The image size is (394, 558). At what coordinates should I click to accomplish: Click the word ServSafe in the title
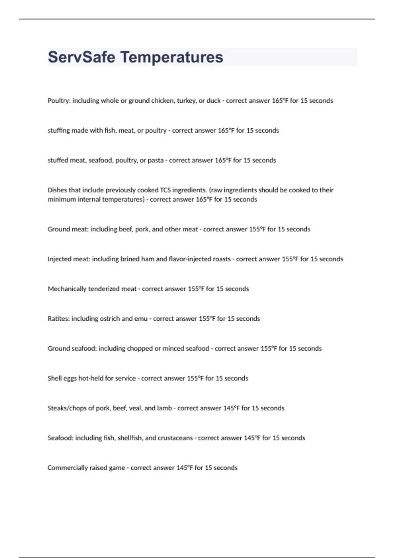coord(81,57)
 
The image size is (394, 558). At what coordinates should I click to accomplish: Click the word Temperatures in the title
coord(172,57)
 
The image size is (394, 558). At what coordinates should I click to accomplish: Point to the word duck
coord(213,101)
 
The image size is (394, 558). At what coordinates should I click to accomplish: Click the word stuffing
coord(59,131)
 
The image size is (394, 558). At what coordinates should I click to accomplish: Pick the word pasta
coord(156,161)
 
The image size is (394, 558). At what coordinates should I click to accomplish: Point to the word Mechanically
coord(66,289)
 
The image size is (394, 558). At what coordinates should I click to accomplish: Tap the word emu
coord(141,319)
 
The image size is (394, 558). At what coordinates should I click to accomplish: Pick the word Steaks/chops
coord(67,408)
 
